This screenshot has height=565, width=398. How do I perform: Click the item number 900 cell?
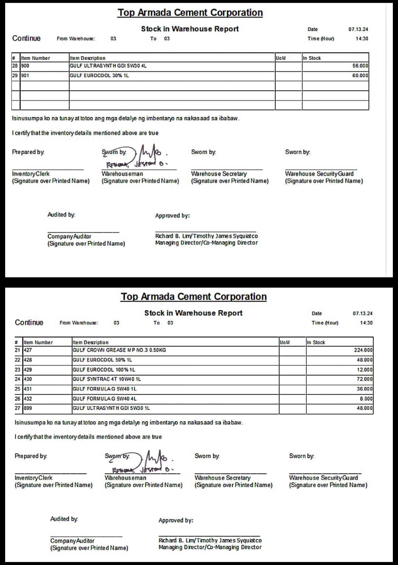pyautogui.click(x=25, y=66)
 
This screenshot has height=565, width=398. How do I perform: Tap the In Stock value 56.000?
pyautogui.click(x=360, y=66)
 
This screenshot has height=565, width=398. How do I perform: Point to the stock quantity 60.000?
pyautogui.click(x=360, y=75)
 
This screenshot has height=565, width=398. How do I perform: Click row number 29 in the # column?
pyautogui.click(x=15, y=75)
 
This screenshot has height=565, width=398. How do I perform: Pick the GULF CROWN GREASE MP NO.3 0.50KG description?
pyautogui.click(x=119, y=350)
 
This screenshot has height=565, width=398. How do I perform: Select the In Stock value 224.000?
pyautogui.click(x=363, y=350)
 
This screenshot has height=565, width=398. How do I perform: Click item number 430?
pyautogui.click(x=28, y=379)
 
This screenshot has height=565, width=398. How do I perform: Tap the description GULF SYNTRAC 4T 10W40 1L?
pyautogui.click(x=107, y=379)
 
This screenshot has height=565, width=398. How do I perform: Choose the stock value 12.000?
pyautogui.click(x=364, y=370)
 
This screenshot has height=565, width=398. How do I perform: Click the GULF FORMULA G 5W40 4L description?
pyautogui.click(x=105, y=399)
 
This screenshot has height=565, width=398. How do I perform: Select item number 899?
pyautogui.click(x=28, y=408)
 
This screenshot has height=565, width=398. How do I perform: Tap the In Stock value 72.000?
pyautogui.click(x=364, y=379)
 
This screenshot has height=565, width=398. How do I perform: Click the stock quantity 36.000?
pyautogui.click(x=364, y=389)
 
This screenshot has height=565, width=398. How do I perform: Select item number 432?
pyautogui.click(x=28, y=399)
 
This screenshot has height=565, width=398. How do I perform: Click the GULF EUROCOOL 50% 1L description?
pyautogui.click(x=102, y=360)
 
